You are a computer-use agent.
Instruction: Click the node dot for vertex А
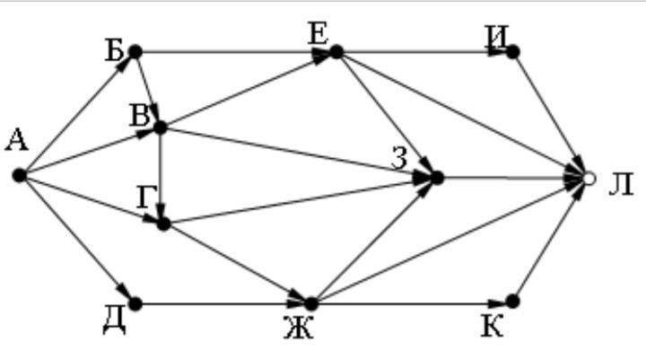pos(20,175)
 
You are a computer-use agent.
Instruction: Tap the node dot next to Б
pos(135,52)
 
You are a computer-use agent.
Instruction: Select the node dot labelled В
pos(160,127)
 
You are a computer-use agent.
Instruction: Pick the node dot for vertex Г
pos(163,224)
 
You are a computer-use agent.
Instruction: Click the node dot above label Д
pos(135,304)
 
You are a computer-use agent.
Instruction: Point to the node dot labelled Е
pos(336,52)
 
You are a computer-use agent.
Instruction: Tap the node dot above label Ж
pos(311,304)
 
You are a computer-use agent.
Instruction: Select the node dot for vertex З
pos(437,178)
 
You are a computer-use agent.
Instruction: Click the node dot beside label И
pos(512,52)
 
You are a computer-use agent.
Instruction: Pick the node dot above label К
pos(512,302)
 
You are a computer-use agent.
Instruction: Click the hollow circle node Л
pos(589,179)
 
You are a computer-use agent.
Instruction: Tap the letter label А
pos(17,140)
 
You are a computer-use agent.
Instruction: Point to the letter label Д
pos(115,321)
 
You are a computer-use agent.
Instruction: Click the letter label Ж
pos(299,329)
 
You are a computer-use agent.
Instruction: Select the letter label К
pos(493,327)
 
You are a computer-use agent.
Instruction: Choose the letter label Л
pos(621,184)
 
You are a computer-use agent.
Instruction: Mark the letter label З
pos(399,158)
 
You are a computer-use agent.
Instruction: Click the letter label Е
pos(318,34)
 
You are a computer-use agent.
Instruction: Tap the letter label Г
pos(147,198)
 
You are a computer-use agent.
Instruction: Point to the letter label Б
pos(114,51)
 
